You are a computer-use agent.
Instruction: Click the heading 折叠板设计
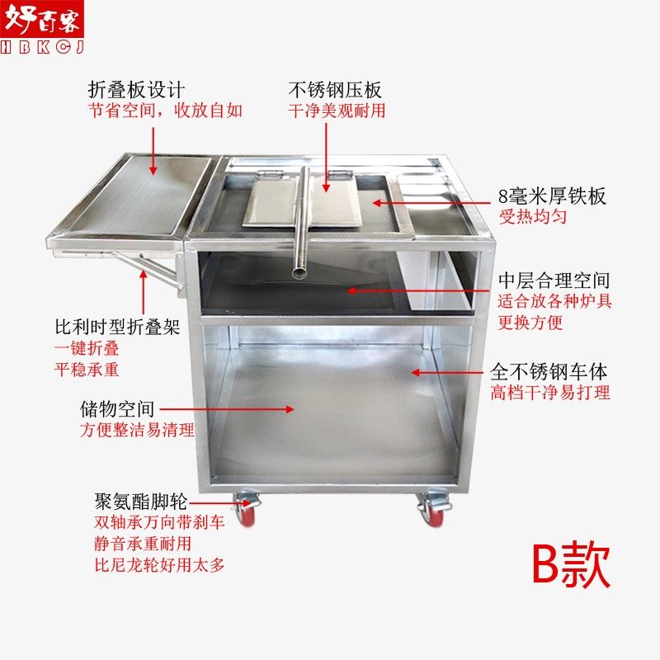pyautogui.click(x=137, y=89)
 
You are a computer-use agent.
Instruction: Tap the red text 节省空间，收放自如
pyautogui.click(x=166, y=111)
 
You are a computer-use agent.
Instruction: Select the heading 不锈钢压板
pyautogui.click(x=336, y=89)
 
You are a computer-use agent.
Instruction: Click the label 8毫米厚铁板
pyautogui.click(x=552, y=196)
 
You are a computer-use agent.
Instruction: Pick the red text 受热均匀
pyautogui.click(x=528, y=218)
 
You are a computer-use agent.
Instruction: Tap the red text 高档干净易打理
pyautogui.click(x=550, y=393)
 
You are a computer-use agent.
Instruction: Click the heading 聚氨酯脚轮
pyautogui.click(x=141, y=501)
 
